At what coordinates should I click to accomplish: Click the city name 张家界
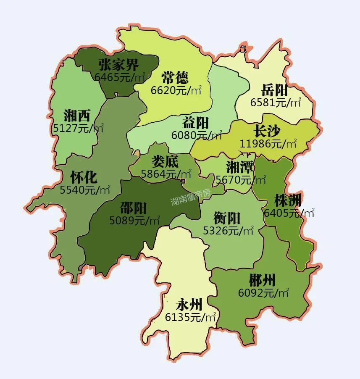[119, 65]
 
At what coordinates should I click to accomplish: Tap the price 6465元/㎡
[120, 77]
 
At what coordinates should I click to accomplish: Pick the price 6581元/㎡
[276, 103]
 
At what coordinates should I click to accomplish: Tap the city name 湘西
[77, 115]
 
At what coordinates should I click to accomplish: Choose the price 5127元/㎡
[78, 128]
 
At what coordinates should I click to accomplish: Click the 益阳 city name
[196, 123]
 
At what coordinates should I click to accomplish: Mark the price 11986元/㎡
[268, 143]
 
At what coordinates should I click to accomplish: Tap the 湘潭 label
[240, 168]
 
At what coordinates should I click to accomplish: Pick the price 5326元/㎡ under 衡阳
[228, 230]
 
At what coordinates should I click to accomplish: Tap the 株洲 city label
[288, 200]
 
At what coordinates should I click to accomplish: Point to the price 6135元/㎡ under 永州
[190, 317]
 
